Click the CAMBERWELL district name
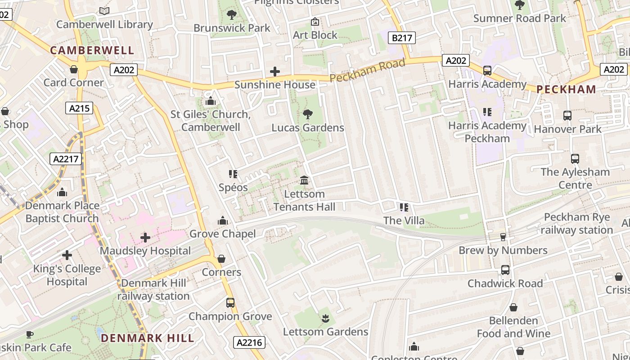pos(92,50)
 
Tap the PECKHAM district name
pos(567,89)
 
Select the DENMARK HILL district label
pos(148,338)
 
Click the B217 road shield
pos(402,38)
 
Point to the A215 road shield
pos(80,108)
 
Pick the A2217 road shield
pos(65,159)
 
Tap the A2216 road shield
pos(249,342)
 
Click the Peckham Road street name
pos(367,70)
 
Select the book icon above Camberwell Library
pos(104,11)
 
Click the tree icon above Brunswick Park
pos(232,15)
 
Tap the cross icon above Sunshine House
pos(274,72)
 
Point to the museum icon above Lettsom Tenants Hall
pos(304,180)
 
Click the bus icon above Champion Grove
pos(230,303)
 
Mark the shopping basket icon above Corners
pos(221,259)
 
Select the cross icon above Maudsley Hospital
pos(145,237)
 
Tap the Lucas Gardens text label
pos(308,128)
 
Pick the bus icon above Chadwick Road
pos(505,270)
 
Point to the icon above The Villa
pos(404,207)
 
